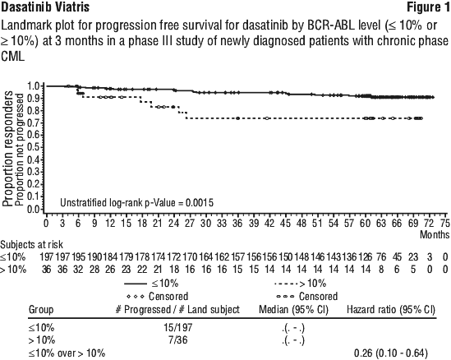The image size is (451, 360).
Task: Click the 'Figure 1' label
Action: [428, 7]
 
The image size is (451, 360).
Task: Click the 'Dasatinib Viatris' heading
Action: [45, 7]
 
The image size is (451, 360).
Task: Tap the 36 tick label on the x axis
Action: [237, 223]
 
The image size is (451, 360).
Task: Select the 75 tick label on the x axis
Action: [444, 223]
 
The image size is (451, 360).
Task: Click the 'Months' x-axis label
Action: [435, 234]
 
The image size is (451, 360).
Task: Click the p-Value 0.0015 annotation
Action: [137, 203]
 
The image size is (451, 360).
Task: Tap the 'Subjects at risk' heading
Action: [32, 245]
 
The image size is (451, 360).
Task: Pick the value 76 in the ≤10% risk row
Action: [381, 256]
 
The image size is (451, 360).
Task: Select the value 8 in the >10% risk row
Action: [381, 270]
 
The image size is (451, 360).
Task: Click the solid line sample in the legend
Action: [136, 284]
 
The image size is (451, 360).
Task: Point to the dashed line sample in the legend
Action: [287, 284]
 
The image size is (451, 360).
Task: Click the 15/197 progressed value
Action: [177, 327]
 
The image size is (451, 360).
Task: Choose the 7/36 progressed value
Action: [177, 340]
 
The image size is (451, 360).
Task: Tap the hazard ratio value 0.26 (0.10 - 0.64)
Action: [391, 353]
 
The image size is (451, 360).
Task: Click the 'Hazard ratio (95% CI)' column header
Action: [391, 310]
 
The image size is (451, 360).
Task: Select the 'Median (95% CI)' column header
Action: [293, 310]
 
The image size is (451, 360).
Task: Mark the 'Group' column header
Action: [41, 310]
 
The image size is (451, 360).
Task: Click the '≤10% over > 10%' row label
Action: [67, 353]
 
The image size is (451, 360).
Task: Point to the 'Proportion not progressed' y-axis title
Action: [19, 150]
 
